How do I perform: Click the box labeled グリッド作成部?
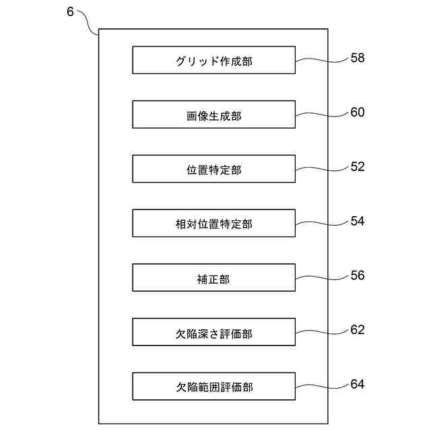pos(213,60)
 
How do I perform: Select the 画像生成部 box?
pos(213,114)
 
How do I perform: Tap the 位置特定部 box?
pos(213,169)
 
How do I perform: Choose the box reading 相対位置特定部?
pos(213,223)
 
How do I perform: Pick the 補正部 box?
pos(213,277)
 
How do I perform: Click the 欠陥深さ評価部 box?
pos(213,332)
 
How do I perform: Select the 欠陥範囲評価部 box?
pos(213,386)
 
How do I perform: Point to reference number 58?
pos(358,58)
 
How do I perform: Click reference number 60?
pos(358,112)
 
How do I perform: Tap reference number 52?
pos(358,166)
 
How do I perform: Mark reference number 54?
pos(358,221)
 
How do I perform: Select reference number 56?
pos(358,275)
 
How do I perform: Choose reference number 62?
pos(358,330)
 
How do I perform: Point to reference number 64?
pos(358,384)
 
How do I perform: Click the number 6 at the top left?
pos(71,13)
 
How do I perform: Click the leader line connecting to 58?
pos(322,61)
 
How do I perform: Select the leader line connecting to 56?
pos(322,277)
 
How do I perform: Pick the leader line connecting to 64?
pos(322,386)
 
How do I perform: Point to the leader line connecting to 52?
pos(322,168)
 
